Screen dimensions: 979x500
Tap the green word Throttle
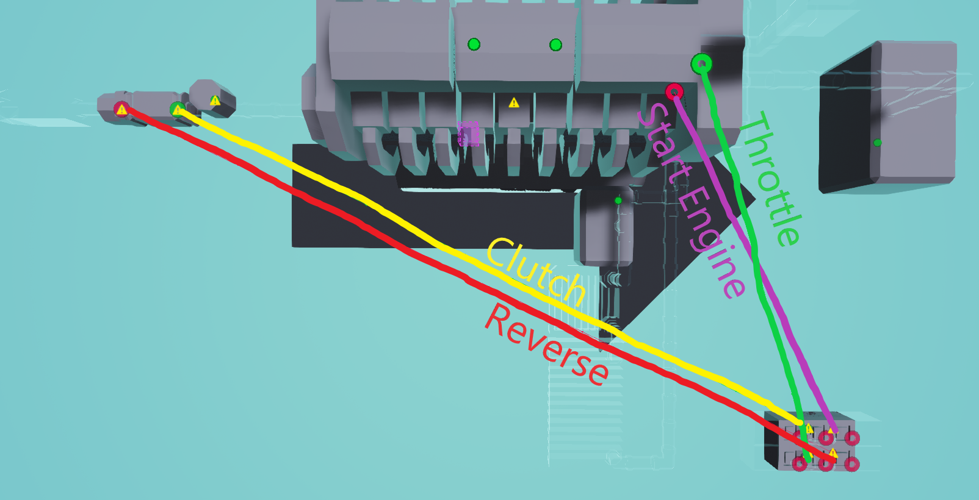coord(770,179)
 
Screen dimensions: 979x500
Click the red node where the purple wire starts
coord(674,92)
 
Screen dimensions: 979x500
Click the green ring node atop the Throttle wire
coord(701,63)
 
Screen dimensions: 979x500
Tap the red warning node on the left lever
coord(122,110)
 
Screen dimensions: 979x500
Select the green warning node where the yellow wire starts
coord(178,110)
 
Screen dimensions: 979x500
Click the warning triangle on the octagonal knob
coord(215,100)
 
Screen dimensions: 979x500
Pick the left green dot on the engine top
coord(474,44)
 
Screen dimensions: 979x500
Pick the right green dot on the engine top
coord(555,45)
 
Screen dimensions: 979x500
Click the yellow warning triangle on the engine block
coord(514,102)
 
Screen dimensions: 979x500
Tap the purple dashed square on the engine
coord(469,134)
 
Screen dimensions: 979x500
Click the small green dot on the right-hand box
coord(877,143)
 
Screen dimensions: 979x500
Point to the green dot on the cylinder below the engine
coord(618,201)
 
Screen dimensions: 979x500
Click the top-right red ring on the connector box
coord(852,437)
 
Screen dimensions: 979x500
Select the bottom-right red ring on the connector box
coord(852,464)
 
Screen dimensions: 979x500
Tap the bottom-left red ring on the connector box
coord(799,464)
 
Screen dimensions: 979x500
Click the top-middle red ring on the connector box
coord(826,437)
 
